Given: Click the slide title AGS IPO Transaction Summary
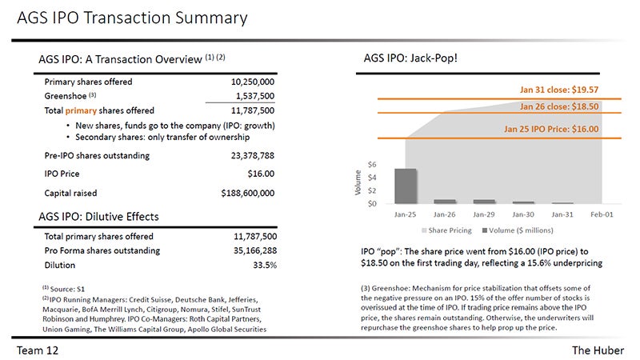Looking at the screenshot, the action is pos(132,18).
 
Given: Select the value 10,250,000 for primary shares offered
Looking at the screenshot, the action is pos(253,82).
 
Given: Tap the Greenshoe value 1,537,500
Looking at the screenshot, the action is pos(255,96).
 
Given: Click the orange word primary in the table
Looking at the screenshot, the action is pos(81,111).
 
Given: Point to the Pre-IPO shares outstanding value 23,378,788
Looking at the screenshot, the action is pos(253,155).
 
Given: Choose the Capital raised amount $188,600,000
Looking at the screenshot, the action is pos(248,193).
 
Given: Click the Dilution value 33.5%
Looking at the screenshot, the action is pos(265,266).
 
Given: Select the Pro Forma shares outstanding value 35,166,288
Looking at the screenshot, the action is pos(255,250).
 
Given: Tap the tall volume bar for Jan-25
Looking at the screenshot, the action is pos(406,186).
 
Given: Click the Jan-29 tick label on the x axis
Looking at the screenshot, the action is pos(484,214).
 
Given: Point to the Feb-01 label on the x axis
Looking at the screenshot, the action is pos(602,214).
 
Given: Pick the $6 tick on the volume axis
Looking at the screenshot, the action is pos(372,165).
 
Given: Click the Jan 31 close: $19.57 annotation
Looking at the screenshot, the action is pos(559,90).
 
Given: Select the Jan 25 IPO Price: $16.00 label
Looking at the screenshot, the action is pos(551,129).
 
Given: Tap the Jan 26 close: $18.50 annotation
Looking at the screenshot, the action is pos(559,106).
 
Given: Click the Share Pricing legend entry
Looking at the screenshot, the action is pos(446,230).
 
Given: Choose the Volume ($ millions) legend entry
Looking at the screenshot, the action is pos(518,230).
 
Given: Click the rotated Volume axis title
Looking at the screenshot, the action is pos(358,182).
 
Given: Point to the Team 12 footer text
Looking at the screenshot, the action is pos(38,350).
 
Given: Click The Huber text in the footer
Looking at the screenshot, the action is pos(598,350).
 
